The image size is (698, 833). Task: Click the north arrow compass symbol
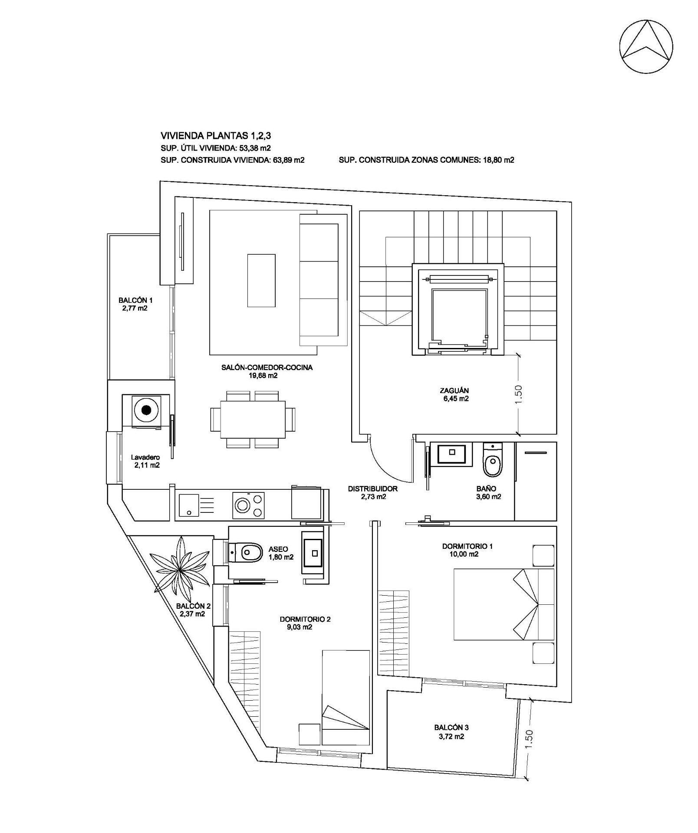coord(646,46)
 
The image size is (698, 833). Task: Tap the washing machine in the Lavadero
coord(146,410)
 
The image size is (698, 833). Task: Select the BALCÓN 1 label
coord(135,304)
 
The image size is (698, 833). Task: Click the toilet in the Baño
coord(492,463)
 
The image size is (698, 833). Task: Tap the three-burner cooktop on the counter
coord(249,505)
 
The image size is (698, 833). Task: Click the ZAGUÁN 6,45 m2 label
coord(454,394)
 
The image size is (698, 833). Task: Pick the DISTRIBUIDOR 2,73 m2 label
coord(372,492)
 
